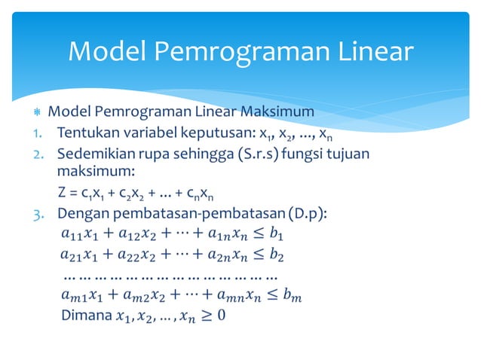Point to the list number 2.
click(36, 155)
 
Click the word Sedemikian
click(96, 155)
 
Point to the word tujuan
click(348, 155)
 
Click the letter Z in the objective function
click(63, 194)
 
